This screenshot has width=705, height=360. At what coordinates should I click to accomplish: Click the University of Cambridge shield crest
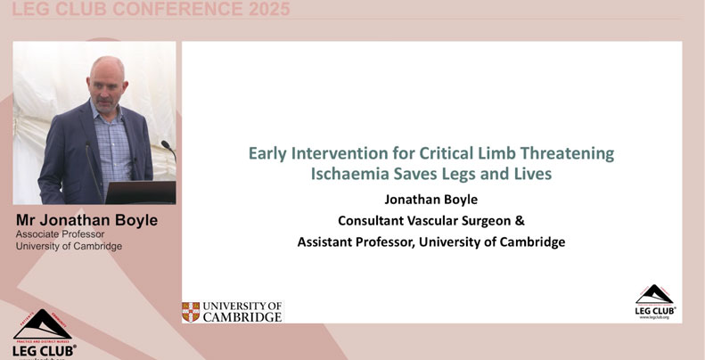191,311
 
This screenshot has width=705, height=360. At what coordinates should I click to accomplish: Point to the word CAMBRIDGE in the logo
242,316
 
